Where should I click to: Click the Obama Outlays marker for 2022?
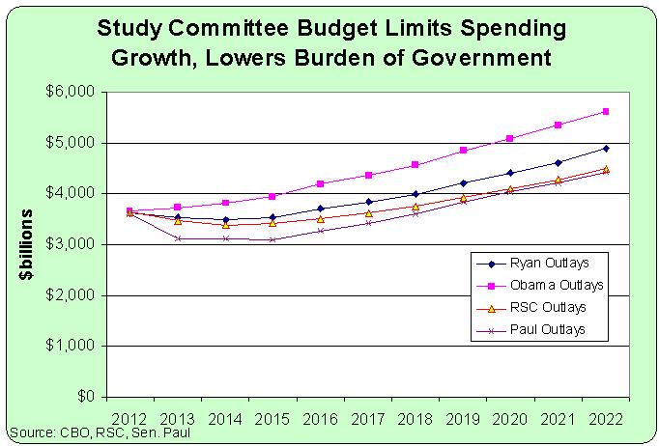606,111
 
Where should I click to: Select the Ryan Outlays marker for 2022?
606,148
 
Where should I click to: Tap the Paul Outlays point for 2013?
178,237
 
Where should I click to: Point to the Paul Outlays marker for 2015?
272,239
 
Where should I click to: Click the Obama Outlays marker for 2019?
463,150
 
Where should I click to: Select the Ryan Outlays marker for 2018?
415,194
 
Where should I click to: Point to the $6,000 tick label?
69,92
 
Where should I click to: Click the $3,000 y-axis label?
69,244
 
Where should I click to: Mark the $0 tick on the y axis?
84,397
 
